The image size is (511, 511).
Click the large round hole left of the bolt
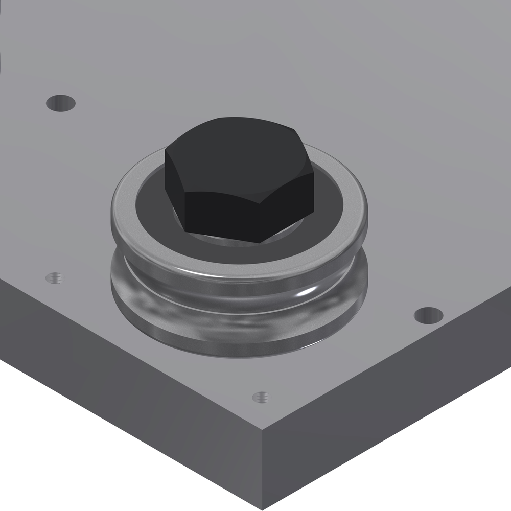click(61, 103)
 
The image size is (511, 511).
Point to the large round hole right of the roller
click(428, 315)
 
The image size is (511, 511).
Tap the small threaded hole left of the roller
click(55, 278)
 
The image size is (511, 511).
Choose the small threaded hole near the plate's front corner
click(261, 397)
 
